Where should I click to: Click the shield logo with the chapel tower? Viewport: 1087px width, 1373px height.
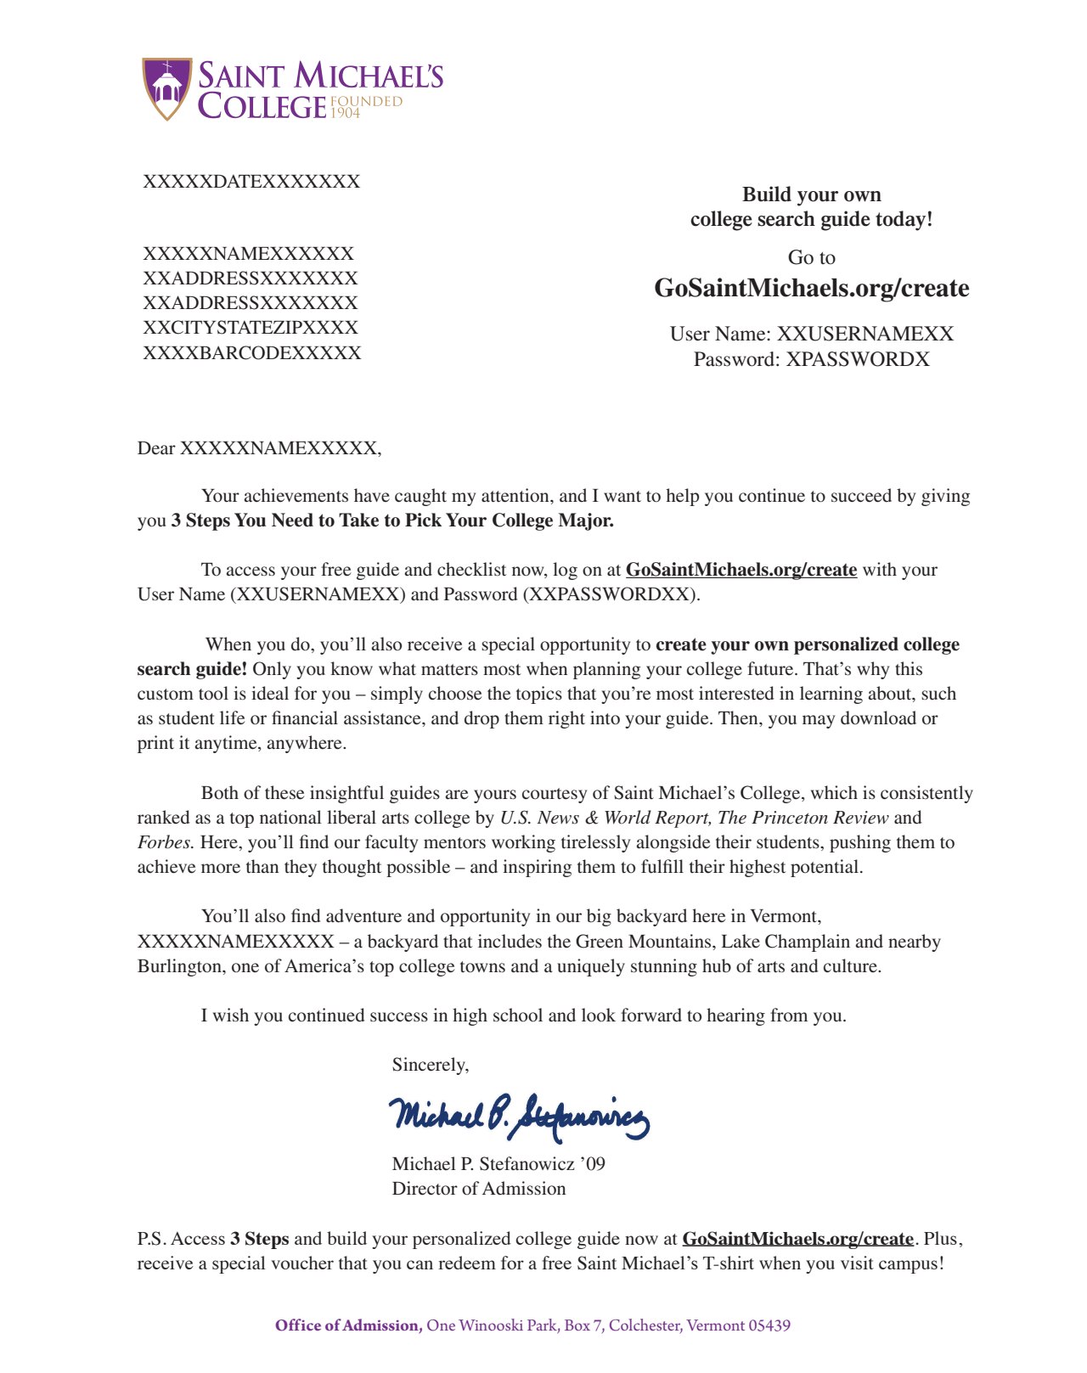[167, 88]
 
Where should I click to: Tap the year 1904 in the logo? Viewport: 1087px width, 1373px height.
[346, 113]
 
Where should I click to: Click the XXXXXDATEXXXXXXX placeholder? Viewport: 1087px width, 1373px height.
[251, 182]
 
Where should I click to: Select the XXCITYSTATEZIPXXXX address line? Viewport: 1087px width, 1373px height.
[251, 328]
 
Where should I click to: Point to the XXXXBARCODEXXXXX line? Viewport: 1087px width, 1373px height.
[252, 353]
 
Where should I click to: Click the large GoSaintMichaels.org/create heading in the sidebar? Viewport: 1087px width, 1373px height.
[811, 289]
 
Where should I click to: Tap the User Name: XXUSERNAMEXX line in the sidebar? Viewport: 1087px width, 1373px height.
[811, 334]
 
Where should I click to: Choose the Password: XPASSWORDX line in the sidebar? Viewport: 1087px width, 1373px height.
[811, 359]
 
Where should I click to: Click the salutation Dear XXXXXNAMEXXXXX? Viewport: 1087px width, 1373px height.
[259, 448]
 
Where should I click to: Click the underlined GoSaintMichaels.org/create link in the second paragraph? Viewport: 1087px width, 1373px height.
[741, 570]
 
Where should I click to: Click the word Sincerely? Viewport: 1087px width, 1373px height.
[430, 1065]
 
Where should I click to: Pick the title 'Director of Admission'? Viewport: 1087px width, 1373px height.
[479, 1189]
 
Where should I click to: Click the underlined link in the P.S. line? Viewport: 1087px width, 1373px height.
[797, 1239]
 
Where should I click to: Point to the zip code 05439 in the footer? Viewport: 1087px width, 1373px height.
[769, 1325]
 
